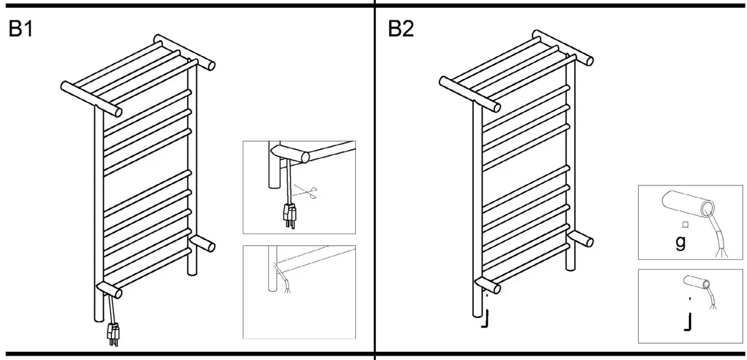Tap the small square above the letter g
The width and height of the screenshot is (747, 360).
pos(684,224)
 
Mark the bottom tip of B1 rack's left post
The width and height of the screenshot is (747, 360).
pos(97,322)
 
